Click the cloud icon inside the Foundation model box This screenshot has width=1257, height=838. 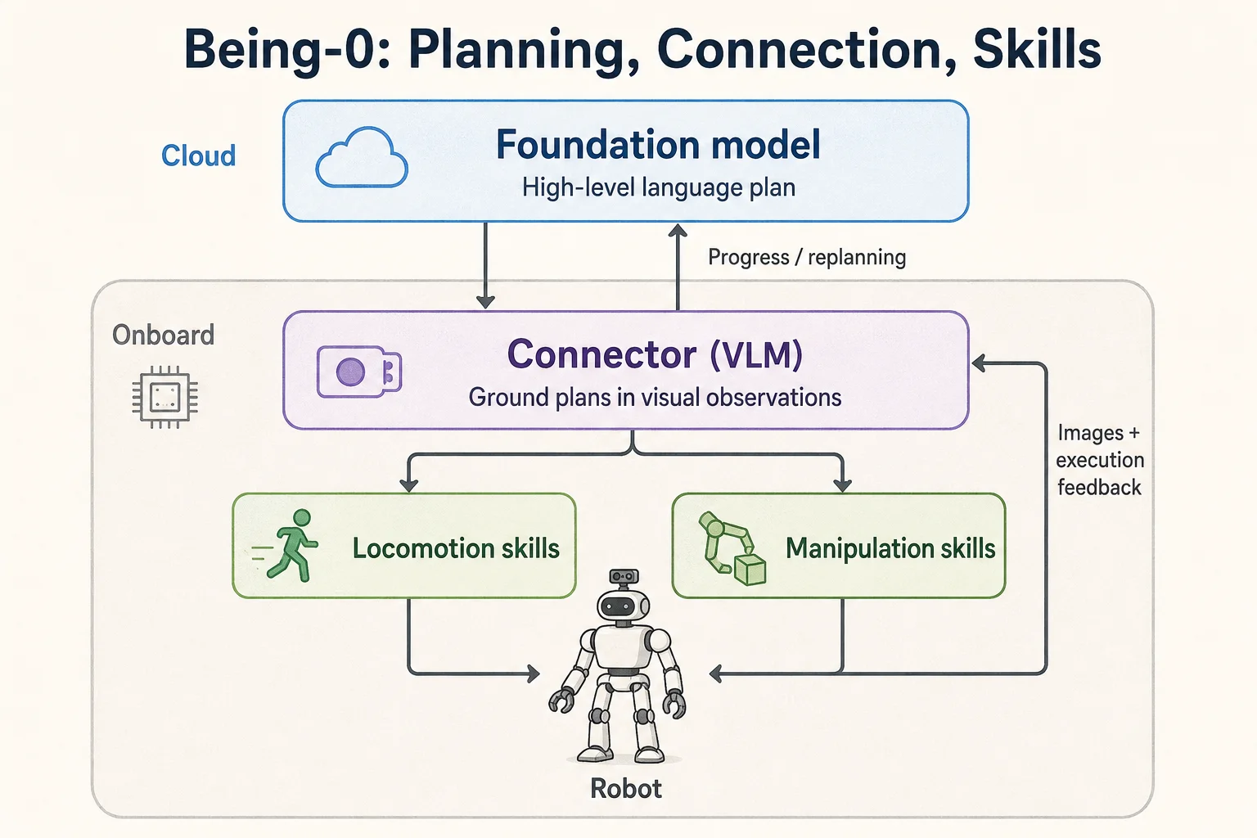(362, 157)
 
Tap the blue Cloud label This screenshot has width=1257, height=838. (198, 155)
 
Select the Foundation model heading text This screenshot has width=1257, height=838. (658, 144)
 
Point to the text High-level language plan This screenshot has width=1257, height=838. (658, 187)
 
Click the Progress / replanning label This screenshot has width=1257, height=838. (807, 257)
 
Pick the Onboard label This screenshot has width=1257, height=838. (164, 335)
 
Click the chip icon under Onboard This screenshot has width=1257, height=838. (165, 397)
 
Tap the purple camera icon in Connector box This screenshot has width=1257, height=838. (359, 372)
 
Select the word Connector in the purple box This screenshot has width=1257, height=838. (602, 354)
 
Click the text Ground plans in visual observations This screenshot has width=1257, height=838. (655, 398)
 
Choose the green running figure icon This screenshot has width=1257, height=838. (286, 545)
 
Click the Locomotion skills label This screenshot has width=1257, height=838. (456, 548)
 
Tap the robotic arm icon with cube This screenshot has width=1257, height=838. (732, 549)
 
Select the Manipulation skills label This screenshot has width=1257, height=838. (890, 548)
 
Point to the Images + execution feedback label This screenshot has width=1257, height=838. (1099, 460)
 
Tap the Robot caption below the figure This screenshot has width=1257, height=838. (626, 789)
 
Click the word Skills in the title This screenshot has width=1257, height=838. (1037, 49)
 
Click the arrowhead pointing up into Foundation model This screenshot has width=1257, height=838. (678, 230)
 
